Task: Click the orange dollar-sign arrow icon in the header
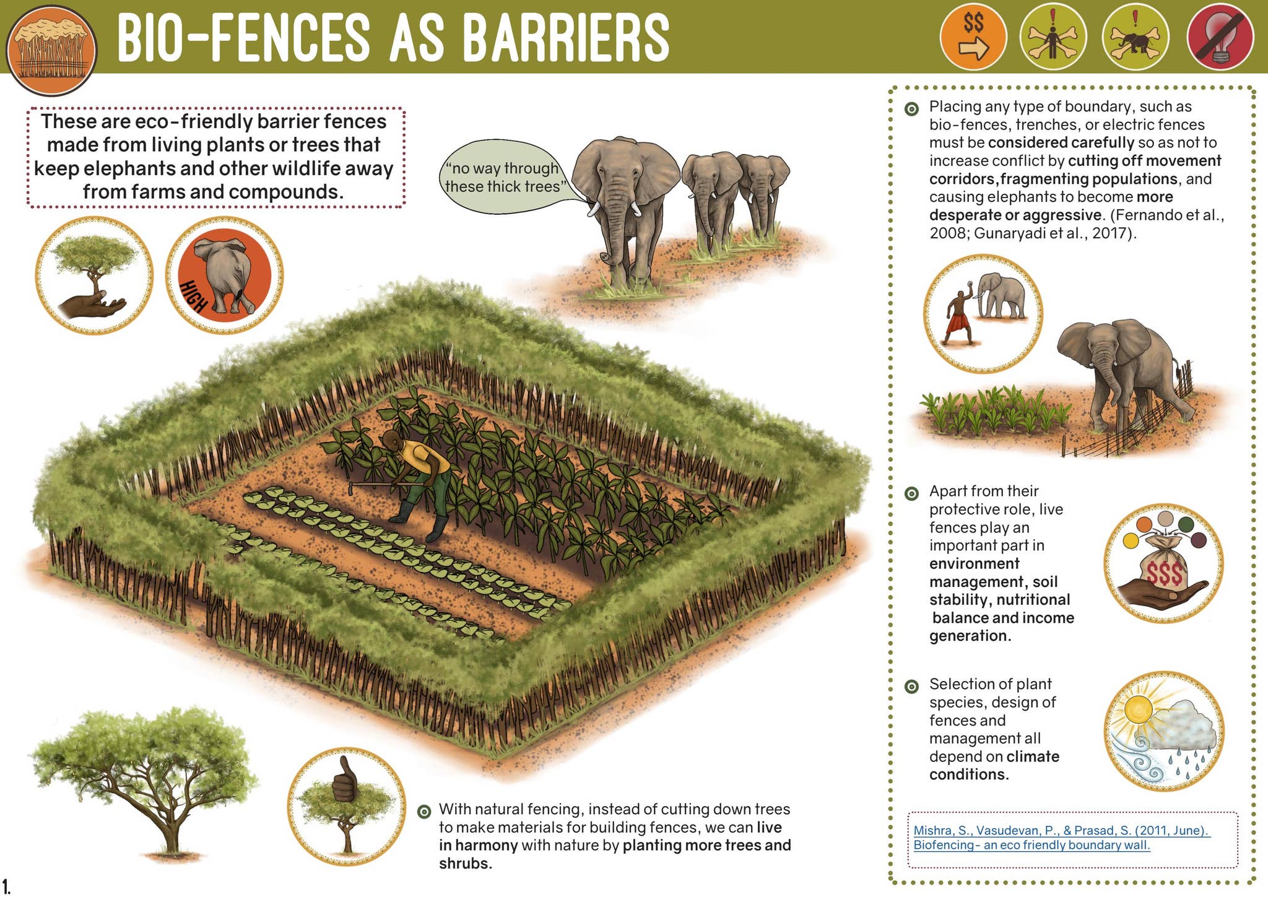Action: click(973, 37)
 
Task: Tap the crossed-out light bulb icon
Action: click(1220, 37)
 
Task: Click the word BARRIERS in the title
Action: click(566, 38)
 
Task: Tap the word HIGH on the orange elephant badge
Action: click(194, 297)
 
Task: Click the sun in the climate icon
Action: click(1138, 709)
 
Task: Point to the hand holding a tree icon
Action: click(93, 276)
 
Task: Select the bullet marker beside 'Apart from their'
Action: click(911, 493)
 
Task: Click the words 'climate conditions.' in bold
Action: click(993, 766)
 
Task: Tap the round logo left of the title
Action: click(51, 50)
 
